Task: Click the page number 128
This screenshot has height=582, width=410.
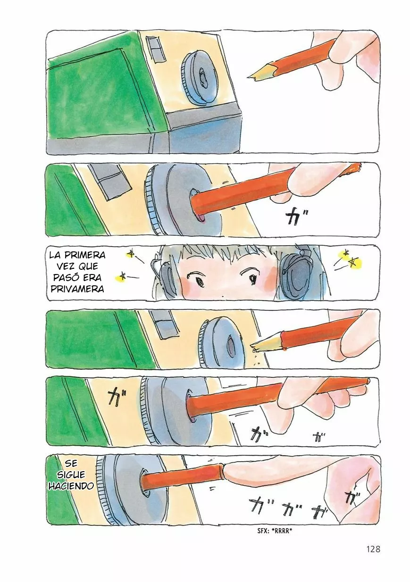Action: [372, 549]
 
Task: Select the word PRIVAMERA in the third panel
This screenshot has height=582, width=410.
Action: [76, 289]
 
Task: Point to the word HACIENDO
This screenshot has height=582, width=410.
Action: [71, 486]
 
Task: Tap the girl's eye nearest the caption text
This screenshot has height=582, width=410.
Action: [200, 281]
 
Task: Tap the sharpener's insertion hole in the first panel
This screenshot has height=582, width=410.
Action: [202, 76]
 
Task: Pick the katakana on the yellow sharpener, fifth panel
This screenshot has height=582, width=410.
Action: [114, 397]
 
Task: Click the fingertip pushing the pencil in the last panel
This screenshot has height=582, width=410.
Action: [231, 470]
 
